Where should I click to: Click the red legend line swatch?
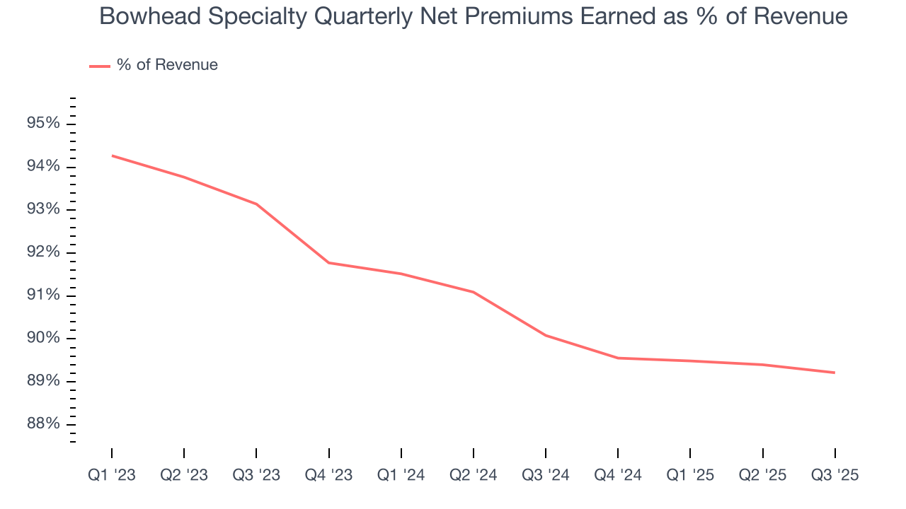pos(99,66)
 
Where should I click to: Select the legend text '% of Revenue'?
pos(168,65)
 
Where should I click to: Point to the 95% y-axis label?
pos(43,124)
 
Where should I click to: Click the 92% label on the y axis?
pos(43,252)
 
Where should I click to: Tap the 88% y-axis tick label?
pos(43,424)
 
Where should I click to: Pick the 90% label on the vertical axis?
pos(43,338)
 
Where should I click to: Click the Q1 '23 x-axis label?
pos(112,475)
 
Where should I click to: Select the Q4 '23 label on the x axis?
pos(329,475)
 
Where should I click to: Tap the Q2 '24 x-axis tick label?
pos(474,475)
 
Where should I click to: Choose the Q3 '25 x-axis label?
pos(835,475)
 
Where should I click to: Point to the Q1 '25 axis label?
pos(690,475)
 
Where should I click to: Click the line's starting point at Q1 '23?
pos(112,156)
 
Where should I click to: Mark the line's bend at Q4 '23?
pos(329,263)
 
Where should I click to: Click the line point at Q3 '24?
pos(546,335)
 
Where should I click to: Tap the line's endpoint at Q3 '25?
pos(835,373)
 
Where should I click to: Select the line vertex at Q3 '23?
pos(256,204)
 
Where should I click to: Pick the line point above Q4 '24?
pos(618,358)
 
